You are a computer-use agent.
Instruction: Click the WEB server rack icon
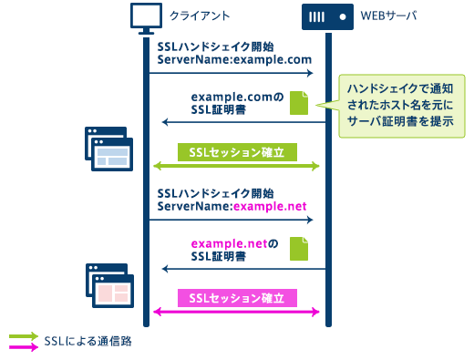(x=326, y=16)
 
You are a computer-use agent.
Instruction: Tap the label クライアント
(x=199, y=17)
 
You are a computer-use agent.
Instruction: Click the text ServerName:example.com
(x=234, y=59)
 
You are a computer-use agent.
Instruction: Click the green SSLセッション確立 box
(x=237, y=152)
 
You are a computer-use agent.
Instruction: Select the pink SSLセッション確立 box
(x=237, y=299)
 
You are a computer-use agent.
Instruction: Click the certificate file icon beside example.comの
(x=299, y=103)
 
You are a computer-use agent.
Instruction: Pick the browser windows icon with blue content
(x=109, y=149)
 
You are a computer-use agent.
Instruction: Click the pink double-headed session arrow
(x=237, y=313)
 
